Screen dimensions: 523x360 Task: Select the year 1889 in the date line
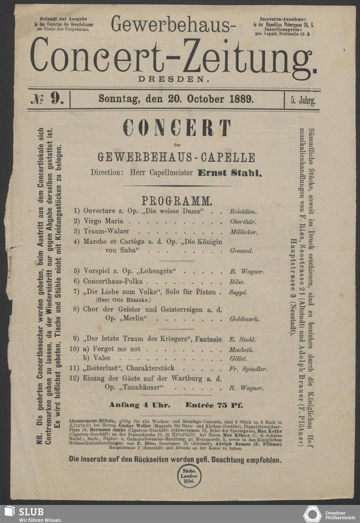[x=241, y=98]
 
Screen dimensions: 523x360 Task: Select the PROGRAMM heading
[x=176, y=200]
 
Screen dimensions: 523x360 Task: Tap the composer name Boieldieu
[x=243, y=212]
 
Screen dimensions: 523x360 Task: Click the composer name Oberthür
[x=243, y=222]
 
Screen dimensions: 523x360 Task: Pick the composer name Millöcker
[x=244, y=232]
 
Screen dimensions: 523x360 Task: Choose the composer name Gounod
[x=241, y=251]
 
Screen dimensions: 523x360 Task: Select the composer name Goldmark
[x=244, y=319]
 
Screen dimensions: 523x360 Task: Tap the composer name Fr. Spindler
[x=248, y=369]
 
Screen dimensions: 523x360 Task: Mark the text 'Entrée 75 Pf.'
[x=214, y=405]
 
